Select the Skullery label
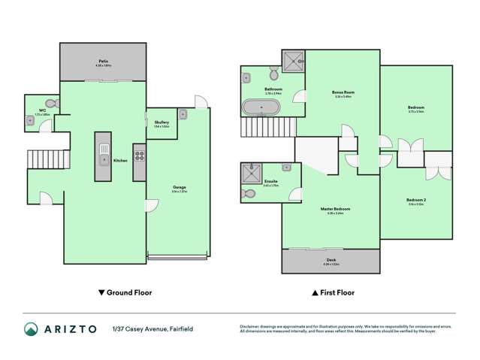161,122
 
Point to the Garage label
179,187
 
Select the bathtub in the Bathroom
260,107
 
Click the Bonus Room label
343,92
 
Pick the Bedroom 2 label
415,201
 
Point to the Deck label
331,260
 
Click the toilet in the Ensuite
249,194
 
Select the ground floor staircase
38,159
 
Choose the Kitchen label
119,160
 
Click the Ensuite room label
271,181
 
